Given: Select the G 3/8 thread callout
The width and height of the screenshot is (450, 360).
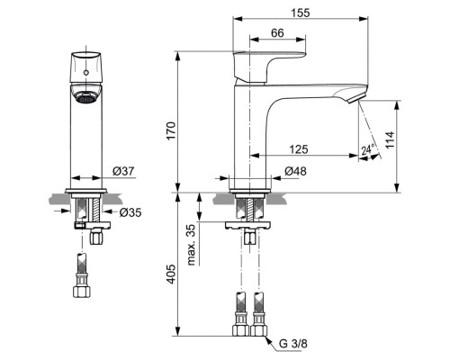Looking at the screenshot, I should (293, 342).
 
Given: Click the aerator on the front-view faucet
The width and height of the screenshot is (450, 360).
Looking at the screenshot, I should (86, 99).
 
